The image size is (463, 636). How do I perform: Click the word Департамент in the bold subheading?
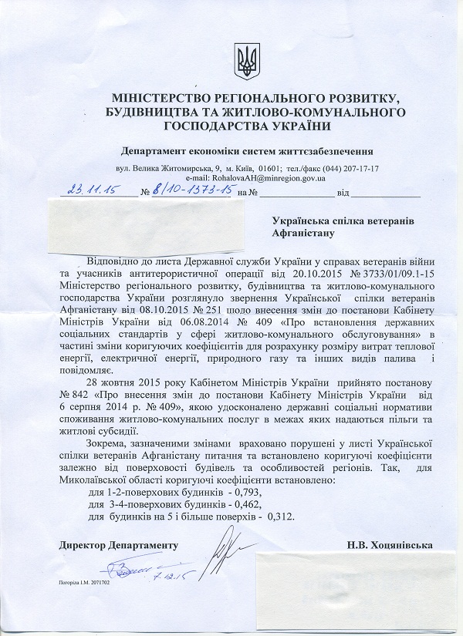click(x=159, y=150)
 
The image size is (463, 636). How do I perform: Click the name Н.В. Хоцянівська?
click(x=390, y=544)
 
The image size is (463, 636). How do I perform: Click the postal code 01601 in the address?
click(x=269, y=167)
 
